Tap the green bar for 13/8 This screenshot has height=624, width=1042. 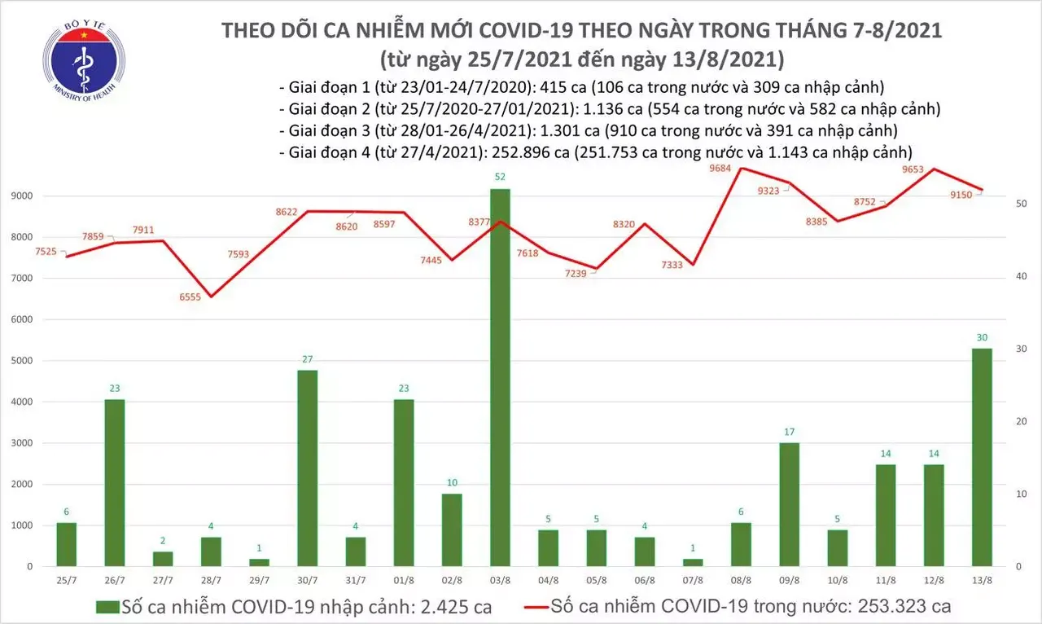tap(982, 457)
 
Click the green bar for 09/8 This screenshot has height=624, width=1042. tap(789, 504)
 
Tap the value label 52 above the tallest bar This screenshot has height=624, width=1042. tap(500, 178)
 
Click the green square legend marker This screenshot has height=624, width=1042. tap(107, 607)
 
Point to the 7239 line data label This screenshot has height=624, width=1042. tap(568, 275)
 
